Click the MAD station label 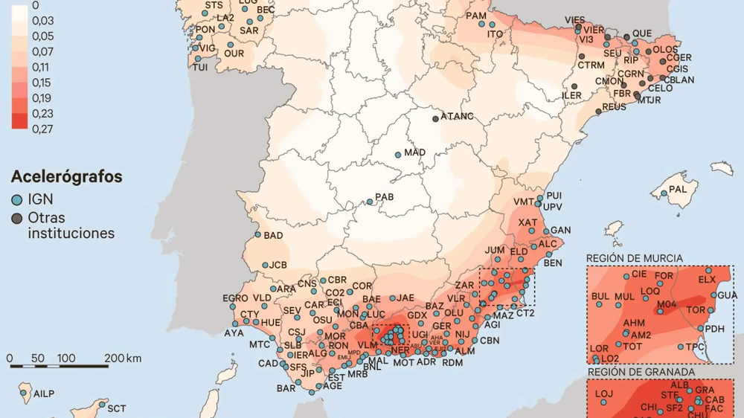(x=414, y=152)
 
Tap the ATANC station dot (x=435, y=118)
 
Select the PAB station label (x=384, y=198)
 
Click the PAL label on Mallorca (x=678, y=189)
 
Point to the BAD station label (x=273, y=236)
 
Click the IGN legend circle (x=17, y=201)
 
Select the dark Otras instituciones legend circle (x=17, y=219)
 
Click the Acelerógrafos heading (x=66, y=177)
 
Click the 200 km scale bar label (x=123, y=358)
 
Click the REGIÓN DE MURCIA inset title (x=634, y=258)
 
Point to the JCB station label (x=278, y=265)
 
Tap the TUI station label (x=199, y=67)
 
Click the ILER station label (x=571, y=96)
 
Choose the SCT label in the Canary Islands (x=116, y=408)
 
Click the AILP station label (x=42, y=393)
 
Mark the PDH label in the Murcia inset (x=714, y=329)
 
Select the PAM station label (x=475, y=16)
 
